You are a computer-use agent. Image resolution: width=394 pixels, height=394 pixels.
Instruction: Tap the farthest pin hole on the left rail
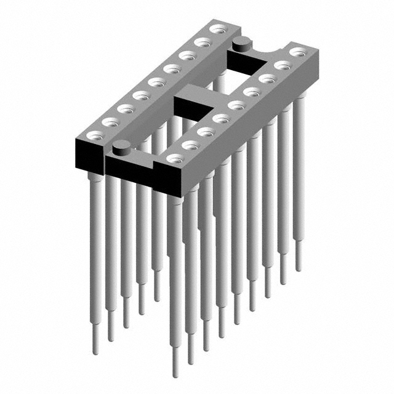pos(216,29)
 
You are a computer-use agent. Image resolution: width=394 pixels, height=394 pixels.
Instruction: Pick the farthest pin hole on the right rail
pos(297,52)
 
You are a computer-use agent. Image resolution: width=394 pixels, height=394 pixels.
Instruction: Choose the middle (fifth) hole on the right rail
pos(235,105)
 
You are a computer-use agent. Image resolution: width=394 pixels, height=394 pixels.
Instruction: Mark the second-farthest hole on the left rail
pos(201,42)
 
